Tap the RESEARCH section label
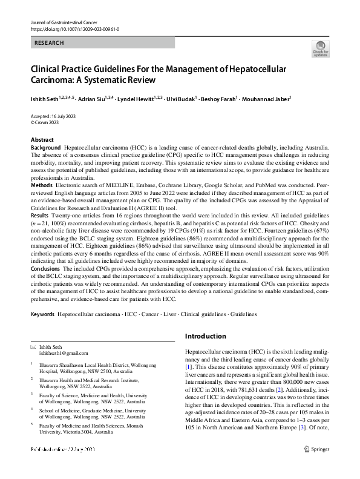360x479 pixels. [x=49, y=43]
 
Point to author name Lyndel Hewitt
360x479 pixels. [x=141, y=97]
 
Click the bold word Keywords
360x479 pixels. [x=43, y=315]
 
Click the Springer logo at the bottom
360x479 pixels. [x=317, y=466]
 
